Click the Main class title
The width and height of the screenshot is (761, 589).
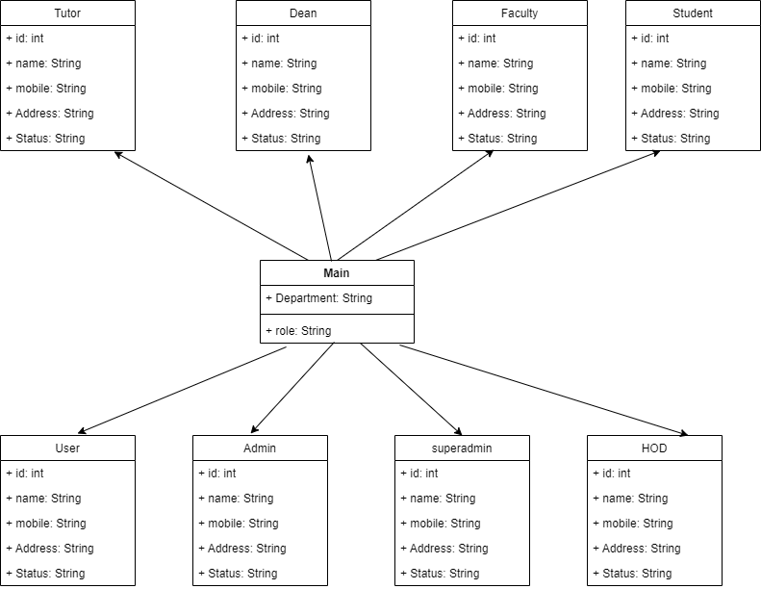coord(337,273)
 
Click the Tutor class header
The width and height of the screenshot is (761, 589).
coord(68,13)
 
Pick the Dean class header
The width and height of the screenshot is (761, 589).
coord(303,13)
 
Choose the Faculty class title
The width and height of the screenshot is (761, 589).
coord(520,13)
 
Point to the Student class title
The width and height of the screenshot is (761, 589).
coord(693,13)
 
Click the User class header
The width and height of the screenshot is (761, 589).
coord(68,448)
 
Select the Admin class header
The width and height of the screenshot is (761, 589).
coord(260,448)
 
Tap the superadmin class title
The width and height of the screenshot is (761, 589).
coord(462,448)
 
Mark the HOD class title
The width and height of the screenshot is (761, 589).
coord(654,448)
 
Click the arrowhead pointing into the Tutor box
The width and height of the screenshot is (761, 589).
coord(117,154)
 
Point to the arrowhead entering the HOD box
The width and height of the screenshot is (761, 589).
coord(684,433)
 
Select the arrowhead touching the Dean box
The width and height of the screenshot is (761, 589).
coord(310,155)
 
